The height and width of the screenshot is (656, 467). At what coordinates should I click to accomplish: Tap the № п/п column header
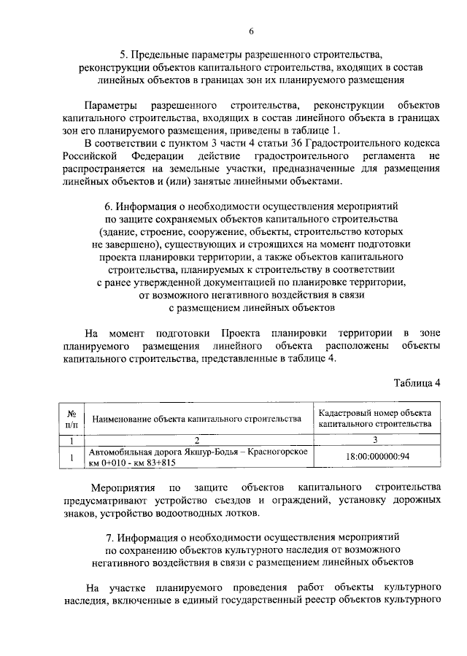[72, 417]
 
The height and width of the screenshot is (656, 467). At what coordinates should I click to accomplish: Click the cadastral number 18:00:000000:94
[375, 457]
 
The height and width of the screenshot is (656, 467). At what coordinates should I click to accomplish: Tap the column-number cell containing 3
[375, 439]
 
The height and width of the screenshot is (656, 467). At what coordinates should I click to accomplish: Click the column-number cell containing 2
[197, 439]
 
